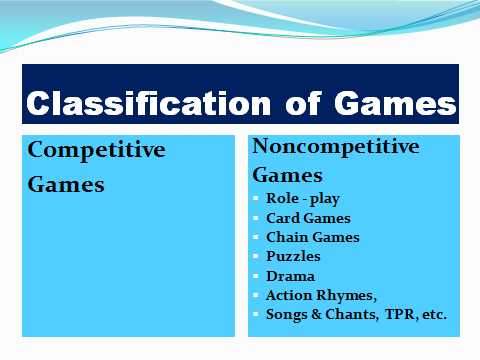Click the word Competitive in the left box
click(96, 150)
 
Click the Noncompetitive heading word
click(335, 146)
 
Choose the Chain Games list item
click(313, 237)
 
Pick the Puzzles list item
click(292, 256)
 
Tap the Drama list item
click(290, 275)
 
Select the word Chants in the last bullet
click(346, 314)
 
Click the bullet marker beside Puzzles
click(257, 256)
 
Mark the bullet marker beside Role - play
click(257, 198)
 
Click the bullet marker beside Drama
click(257, 275)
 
